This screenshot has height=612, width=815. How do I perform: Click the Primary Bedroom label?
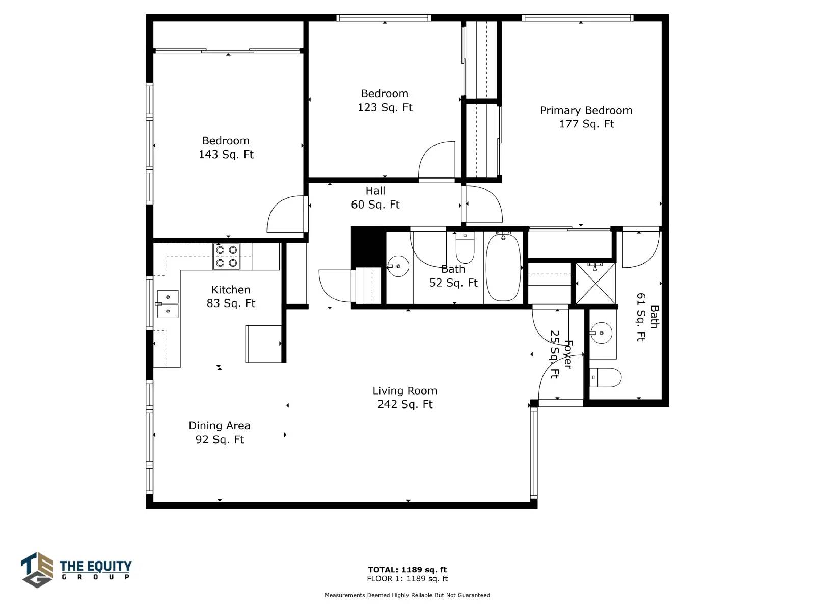586,117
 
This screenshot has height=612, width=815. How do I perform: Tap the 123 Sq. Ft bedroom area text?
385,108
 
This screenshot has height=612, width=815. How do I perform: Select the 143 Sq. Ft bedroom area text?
226,155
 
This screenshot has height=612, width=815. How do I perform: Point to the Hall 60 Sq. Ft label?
375,198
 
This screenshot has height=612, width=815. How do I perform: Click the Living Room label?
405,398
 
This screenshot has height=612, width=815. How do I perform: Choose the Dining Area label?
220,432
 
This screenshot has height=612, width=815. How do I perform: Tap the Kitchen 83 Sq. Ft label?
231,296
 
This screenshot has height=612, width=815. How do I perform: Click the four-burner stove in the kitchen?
227,257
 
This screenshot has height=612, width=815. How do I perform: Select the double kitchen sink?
168,304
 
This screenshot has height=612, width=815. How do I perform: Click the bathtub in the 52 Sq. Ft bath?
503,267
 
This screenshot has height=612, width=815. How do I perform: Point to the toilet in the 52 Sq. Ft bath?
465,247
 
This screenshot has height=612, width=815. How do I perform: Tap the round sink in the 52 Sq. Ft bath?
398,266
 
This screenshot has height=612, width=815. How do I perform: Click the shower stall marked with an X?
595,284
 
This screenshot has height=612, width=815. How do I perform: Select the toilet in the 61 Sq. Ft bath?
605,377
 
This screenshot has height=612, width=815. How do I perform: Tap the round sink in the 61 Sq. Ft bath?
601,333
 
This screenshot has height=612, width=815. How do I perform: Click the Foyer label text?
568,354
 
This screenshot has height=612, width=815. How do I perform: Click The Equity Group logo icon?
37,570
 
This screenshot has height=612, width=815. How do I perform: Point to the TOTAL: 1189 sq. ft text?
407,570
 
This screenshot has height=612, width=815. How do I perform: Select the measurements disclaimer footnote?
407,595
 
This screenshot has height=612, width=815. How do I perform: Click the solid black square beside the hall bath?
368,247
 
